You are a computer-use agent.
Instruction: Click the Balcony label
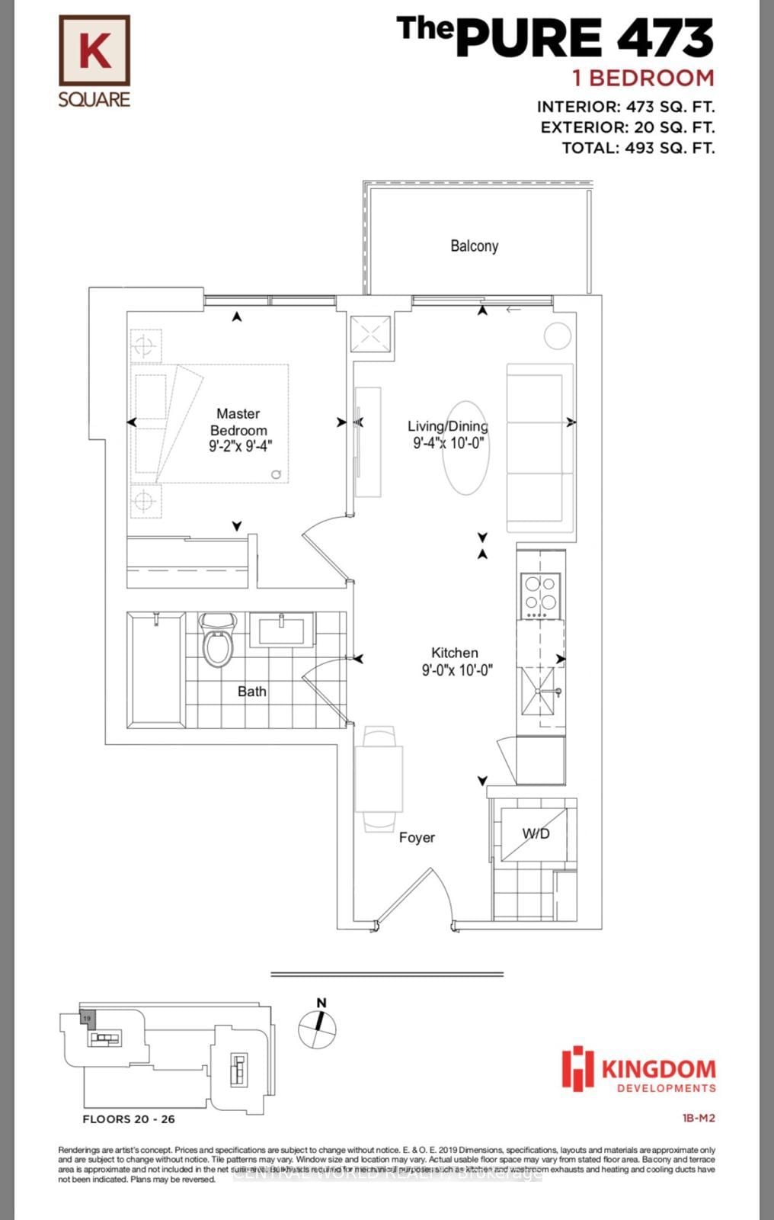pos(474,246)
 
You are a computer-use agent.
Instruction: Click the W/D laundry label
pos(536,833)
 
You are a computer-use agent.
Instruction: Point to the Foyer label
pos(417,837)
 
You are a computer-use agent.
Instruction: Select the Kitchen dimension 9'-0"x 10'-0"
pos(457,670)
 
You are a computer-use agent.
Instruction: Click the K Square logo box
pos(94,51)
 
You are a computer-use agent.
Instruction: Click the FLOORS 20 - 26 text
pos(129,1119)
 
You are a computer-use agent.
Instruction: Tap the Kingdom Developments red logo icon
pos(577,1067)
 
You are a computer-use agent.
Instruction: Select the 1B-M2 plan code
pos(699,1119)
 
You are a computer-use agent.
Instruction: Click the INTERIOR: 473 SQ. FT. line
pos(625,108)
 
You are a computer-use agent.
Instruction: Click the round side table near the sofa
pos(558,336)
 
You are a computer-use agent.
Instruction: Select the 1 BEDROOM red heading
pos(644,78)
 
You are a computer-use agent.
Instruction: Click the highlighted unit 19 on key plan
pos(87,1019)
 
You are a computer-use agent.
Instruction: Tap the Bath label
pos(251,692)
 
